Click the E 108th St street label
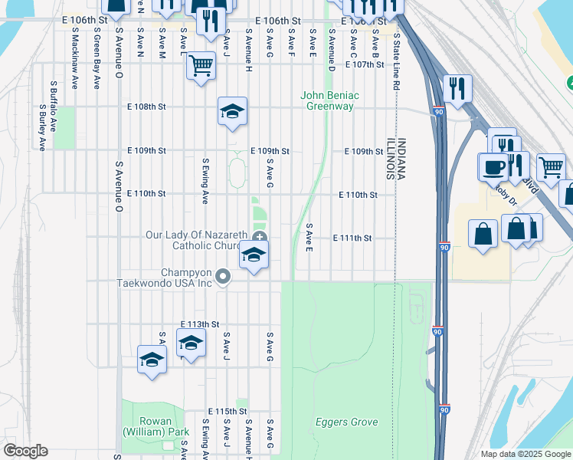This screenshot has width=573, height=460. (146, 107)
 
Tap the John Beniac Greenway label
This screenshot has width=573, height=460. (330, 101)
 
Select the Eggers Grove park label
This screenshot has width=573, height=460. (347, 422)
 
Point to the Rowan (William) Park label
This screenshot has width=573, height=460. (156, 427)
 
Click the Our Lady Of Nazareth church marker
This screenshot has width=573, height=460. (260, 238)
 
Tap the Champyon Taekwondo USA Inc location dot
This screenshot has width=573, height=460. (223, 276)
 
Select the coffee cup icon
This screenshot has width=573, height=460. (493, 166)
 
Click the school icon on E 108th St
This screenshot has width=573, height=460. (232, 112)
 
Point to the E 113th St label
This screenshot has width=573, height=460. (200, 324)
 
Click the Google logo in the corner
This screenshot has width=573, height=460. (25, 451)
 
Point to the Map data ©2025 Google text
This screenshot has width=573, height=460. (525, 454)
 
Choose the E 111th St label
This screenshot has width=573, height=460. (352, 238)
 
